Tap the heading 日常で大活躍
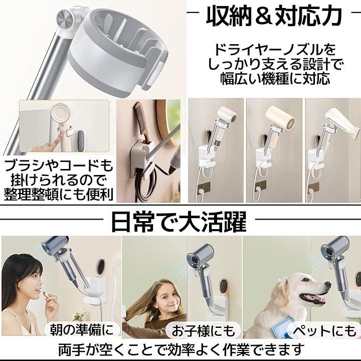click(x=179, y=222)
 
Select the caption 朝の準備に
click(x=82, y=329)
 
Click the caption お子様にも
click(x=203, y=330)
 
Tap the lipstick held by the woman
click(x=45, y=294)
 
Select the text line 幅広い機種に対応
click(x=275, y=78)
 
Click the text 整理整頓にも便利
click(x=59, y=195)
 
